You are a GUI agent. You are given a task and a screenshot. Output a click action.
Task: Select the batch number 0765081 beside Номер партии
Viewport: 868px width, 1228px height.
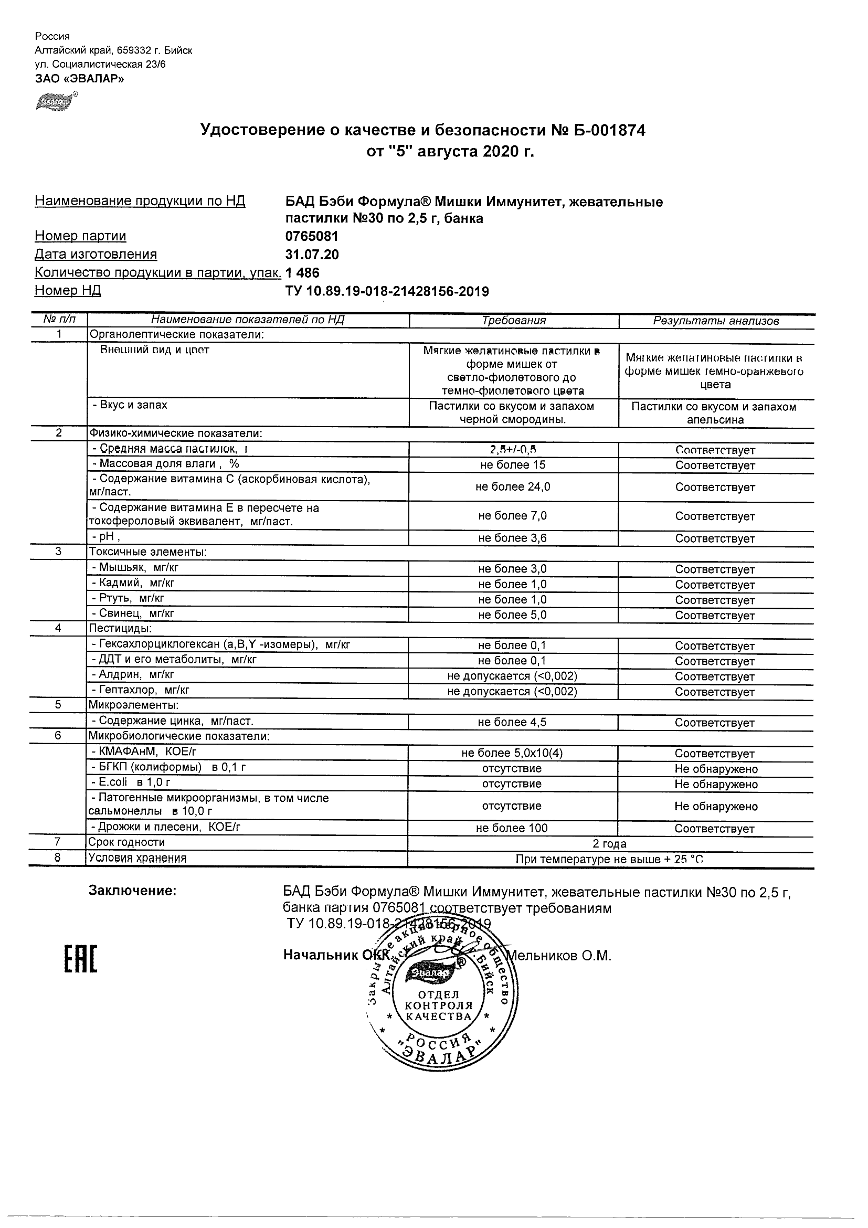pyautogui.click(x=312, y=236)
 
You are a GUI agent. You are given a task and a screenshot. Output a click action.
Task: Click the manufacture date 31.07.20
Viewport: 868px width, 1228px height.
pyautogui.click(x=312, y=255)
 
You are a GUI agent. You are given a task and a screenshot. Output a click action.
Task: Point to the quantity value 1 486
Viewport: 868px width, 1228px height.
pyautogui.click(x=302, y=273)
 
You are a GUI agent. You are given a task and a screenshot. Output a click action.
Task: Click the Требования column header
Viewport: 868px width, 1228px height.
pyautogui.click(x=513, y=320)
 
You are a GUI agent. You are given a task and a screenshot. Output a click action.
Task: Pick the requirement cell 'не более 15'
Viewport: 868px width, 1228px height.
pyautogui.click(x=513, y=465)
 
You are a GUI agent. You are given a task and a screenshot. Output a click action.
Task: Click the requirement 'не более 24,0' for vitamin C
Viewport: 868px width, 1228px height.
pyautogui.click(x=513, y=486)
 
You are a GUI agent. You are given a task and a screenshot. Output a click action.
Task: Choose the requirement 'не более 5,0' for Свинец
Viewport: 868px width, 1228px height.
pyautogui.click(x=512, y=615)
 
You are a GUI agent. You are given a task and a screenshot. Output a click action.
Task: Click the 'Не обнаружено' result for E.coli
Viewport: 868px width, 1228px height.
pyautogui.click(x=716, y=784)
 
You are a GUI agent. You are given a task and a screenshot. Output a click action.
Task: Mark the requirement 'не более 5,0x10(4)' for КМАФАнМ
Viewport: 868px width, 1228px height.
pyautogui.click(x=512, y=753)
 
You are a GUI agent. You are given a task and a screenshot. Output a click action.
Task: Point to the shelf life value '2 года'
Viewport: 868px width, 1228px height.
pyautogui.click(x=609, y=844)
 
